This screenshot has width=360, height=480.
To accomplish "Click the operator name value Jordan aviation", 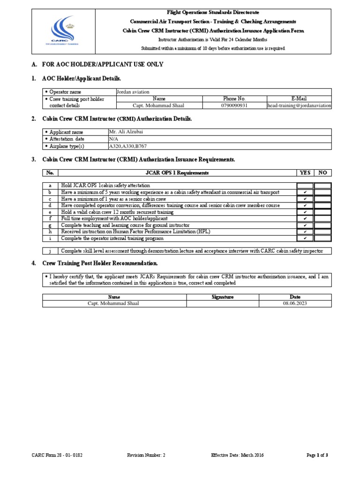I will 133,92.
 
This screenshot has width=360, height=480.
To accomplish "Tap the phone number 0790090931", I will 234,106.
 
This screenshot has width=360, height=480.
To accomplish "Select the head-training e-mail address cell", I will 299,106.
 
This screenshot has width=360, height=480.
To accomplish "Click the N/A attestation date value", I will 113,139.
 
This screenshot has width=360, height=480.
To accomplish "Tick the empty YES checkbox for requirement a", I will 305,186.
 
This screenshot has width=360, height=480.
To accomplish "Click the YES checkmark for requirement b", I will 305,192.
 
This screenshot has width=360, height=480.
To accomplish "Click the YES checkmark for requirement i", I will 305,238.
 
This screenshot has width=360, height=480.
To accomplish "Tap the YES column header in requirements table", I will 305,172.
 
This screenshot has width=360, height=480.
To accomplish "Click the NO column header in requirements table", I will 322,172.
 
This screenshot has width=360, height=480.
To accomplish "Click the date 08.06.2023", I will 295,304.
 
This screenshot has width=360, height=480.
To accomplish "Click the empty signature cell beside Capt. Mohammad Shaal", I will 223,304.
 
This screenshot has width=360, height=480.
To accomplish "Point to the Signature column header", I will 223,297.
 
